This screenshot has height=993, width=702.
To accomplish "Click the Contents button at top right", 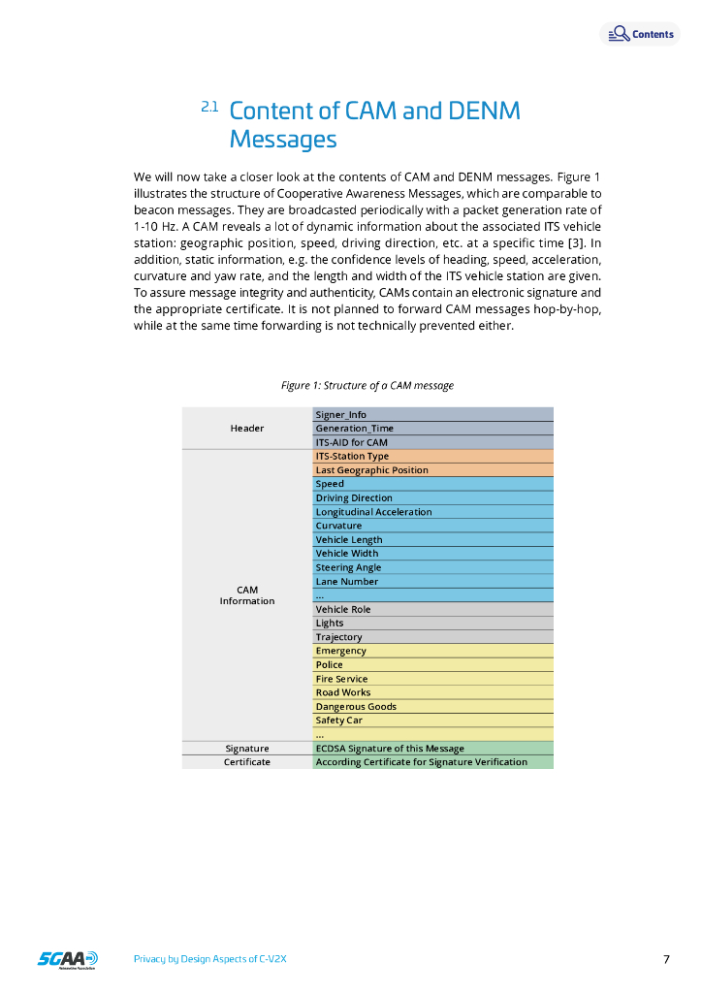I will tap(641, 35).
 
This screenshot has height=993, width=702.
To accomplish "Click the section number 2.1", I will tap(209, 107).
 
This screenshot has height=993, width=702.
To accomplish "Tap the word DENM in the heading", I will tap(484, 111).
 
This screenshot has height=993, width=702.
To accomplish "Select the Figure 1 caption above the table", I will tap(367, 386).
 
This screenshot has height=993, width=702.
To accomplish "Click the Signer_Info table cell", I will tap(432, 415).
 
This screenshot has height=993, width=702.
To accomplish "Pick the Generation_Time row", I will tap(432, 429).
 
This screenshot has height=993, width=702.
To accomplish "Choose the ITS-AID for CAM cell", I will tap(432, 442).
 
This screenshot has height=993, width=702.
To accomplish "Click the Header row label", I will tap(247, 429).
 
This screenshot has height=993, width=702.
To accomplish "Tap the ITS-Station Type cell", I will tap(432, 456).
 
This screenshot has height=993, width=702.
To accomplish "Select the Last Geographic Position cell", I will tap(432, 470).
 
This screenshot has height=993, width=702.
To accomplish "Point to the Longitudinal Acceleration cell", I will tap(432, 512).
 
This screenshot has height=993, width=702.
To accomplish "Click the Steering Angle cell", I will tap(432, 567).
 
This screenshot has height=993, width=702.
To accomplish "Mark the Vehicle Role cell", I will tap(432, 610).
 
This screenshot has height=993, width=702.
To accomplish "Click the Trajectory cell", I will tap(432, 637).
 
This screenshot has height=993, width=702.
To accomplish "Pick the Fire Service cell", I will tap(432, 679).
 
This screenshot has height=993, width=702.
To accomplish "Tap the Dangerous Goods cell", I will tap(432, 707).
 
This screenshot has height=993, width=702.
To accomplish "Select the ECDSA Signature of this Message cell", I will tap(432, 749).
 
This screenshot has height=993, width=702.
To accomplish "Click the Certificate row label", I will tap(247, 762).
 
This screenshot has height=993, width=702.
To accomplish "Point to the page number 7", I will tap(666, 960).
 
